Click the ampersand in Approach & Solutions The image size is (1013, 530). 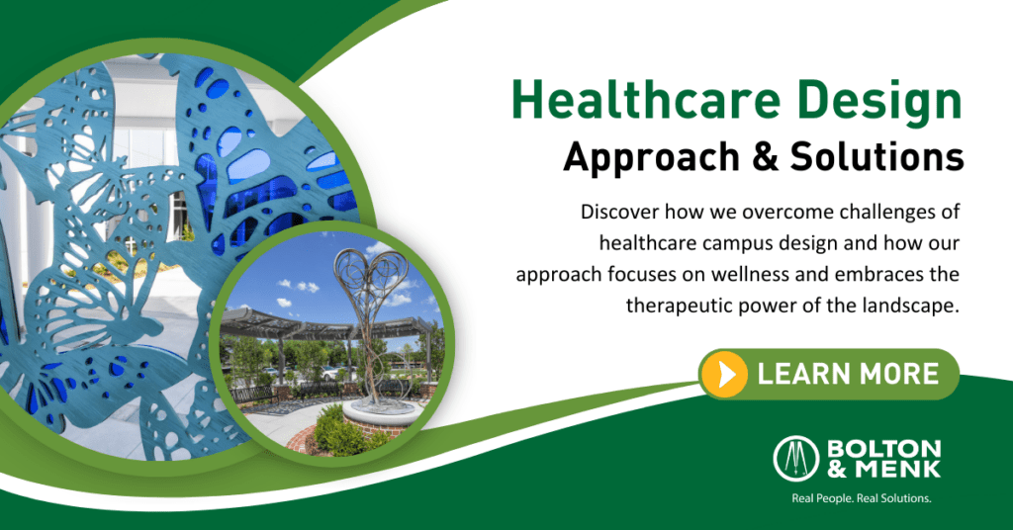click(765, 157)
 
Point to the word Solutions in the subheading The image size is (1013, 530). click(877, 156)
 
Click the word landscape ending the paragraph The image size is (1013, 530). click(909, 305)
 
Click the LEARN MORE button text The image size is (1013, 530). click(848, 374)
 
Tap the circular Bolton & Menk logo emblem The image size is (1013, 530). click(796, 459)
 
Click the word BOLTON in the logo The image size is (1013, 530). click(883, 449)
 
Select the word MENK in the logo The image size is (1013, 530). click(897, 469)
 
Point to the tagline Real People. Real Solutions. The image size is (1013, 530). click(862, 498)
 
